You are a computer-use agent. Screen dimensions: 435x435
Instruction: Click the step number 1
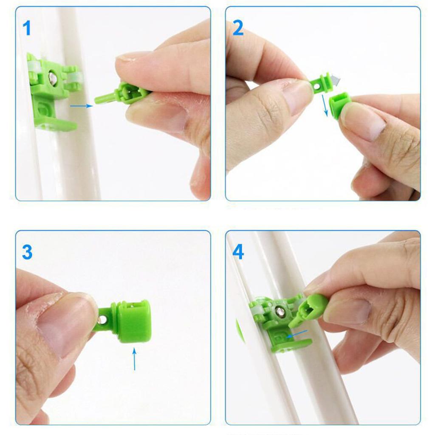point(27,28)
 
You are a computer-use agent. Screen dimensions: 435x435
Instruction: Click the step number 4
point(238,252)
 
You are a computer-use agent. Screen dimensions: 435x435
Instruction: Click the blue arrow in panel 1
point(81,106)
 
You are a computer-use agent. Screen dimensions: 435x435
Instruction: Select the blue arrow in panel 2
point(326,105)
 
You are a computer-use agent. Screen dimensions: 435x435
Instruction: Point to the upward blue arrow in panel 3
point(134,359)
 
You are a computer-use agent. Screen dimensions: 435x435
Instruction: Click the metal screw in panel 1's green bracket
point(53,78)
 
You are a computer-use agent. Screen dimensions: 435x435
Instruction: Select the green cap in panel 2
point(340,105)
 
